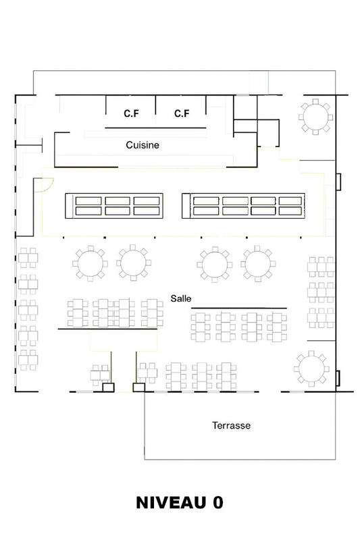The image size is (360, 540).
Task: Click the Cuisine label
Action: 142,144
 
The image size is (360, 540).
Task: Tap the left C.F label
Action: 131,113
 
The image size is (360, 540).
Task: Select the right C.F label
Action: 182,113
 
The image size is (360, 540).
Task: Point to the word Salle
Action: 180,297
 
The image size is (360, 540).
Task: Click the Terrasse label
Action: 232,425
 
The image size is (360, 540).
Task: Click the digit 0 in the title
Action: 217,503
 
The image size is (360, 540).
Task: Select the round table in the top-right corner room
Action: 315,117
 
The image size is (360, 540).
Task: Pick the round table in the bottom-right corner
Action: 311,368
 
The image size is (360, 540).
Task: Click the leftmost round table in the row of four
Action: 90,263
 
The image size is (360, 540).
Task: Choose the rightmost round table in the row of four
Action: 257,263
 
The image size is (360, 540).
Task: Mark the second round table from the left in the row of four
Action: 132,263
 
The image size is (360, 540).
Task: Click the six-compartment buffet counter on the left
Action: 114,205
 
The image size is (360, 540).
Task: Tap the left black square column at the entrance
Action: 107,388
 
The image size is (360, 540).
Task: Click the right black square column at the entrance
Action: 138,388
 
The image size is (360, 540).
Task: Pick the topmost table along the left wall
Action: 28,259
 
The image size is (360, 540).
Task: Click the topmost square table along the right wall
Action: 321,267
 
